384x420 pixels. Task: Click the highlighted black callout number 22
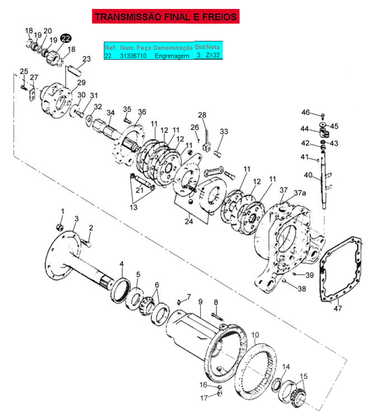click(x=66, y=38)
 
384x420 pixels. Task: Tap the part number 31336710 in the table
click(x=133, y=56)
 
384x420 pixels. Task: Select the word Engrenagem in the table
click(x=172, y=56)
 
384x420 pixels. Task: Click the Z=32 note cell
click(x=213, y=55)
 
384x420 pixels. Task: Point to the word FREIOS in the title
click(x=219, y=17)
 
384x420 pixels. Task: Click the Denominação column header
click(x=173, y=48)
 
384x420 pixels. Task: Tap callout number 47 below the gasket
click(x=338, y=309)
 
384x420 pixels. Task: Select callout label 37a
click(x=300, y=193)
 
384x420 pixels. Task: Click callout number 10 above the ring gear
click(x=255, y=335)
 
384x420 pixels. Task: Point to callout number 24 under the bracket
click(x=189, y=221)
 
